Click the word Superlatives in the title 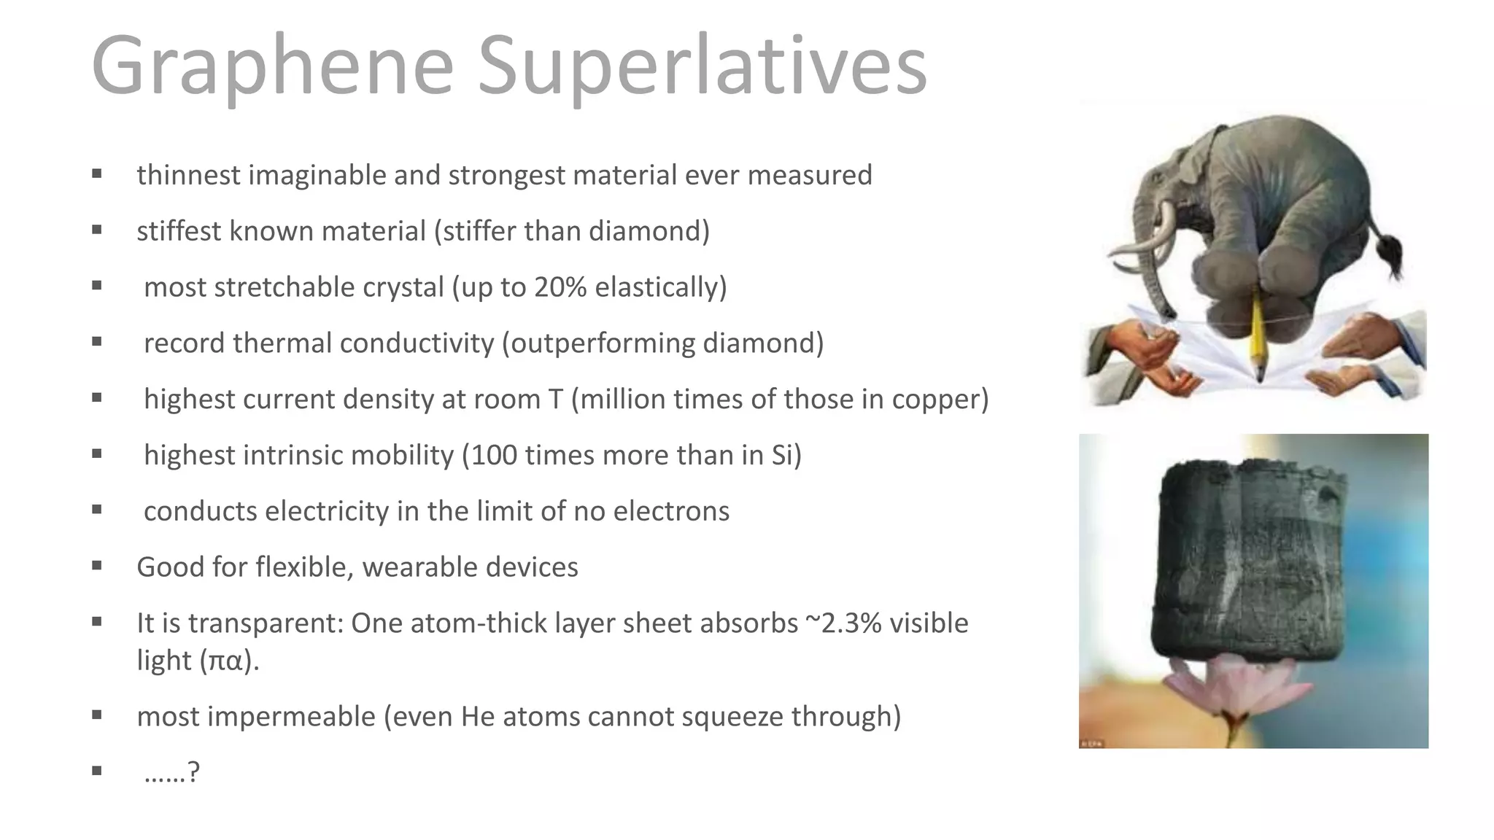702,66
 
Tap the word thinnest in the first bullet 188,175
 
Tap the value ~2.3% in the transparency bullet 843,623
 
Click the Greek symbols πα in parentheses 225,661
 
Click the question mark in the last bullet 193,772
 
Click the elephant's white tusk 1153,241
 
